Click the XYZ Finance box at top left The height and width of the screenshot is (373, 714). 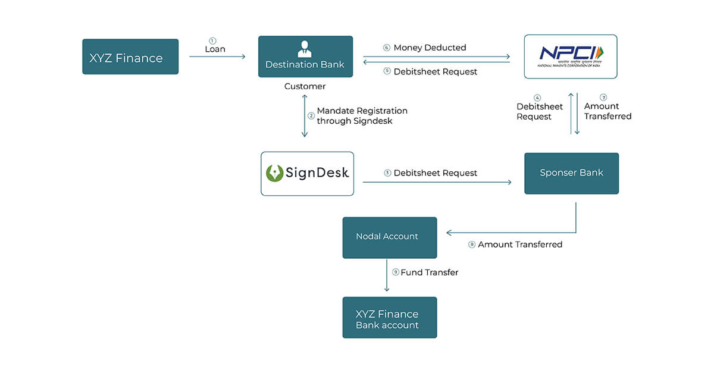coord(130,57)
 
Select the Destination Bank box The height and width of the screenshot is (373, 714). coord(305,57)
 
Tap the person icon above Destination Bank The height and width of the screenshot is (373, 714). coord(305,48)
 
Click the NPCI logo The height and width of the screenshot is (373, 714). coord(571,55)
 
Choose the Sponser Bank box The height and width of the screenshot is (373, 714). coord(571,173)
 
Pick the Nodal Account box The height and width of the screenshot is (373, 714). coord(389,237)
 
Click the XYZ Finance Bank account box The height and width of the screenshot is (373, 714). coord(389,318)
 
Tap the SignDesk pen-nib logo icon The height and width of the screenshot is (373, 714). coord(275,173)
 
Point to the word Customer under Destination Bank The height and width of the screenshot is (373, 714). coord(305,87)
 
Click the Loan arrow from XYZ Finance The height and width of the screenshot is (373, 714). coord(217,57)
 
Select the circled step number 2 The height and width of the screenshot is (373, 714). coord(311,116)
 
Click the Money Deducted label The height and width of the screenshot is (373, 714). coord(430,48)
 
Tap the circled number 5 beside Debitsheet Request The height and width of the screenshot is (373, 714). coord(387,71)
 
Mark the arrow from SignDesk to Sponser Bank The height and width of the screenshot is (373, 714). coord(437,182)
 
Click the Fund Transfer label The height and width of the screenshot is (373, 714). coord(429,272)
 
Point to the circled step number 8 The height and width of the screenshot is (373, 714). coord(472,245)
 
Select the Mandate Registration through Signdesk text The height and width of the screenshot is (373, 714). coord(362,116)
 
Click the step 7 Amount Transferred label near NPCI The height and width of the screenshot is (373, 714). coord(607,111)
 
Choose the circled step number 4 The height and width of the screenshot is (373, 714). coord(537,98)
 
